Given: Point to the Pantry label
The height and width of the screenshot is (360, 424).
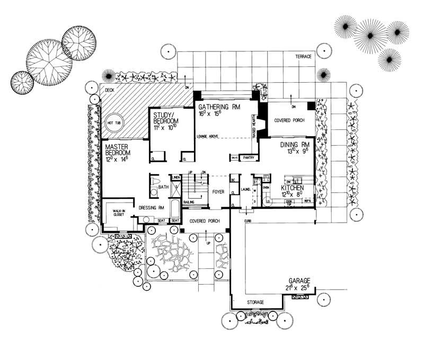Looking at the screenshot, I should pyautogui.click(x=249, y=157).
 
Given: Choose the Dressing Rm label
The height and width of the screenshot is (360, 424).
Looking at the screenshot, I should pyautogui.click(x=153, y=208).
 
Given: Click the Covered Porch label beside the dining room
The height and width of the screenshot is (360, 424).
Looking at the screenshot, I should pyautogui.click(x=288, y=120).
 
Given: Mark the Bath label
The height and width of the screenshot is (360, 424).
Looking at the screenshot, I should pyautogui.click(x=163, y=187).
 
